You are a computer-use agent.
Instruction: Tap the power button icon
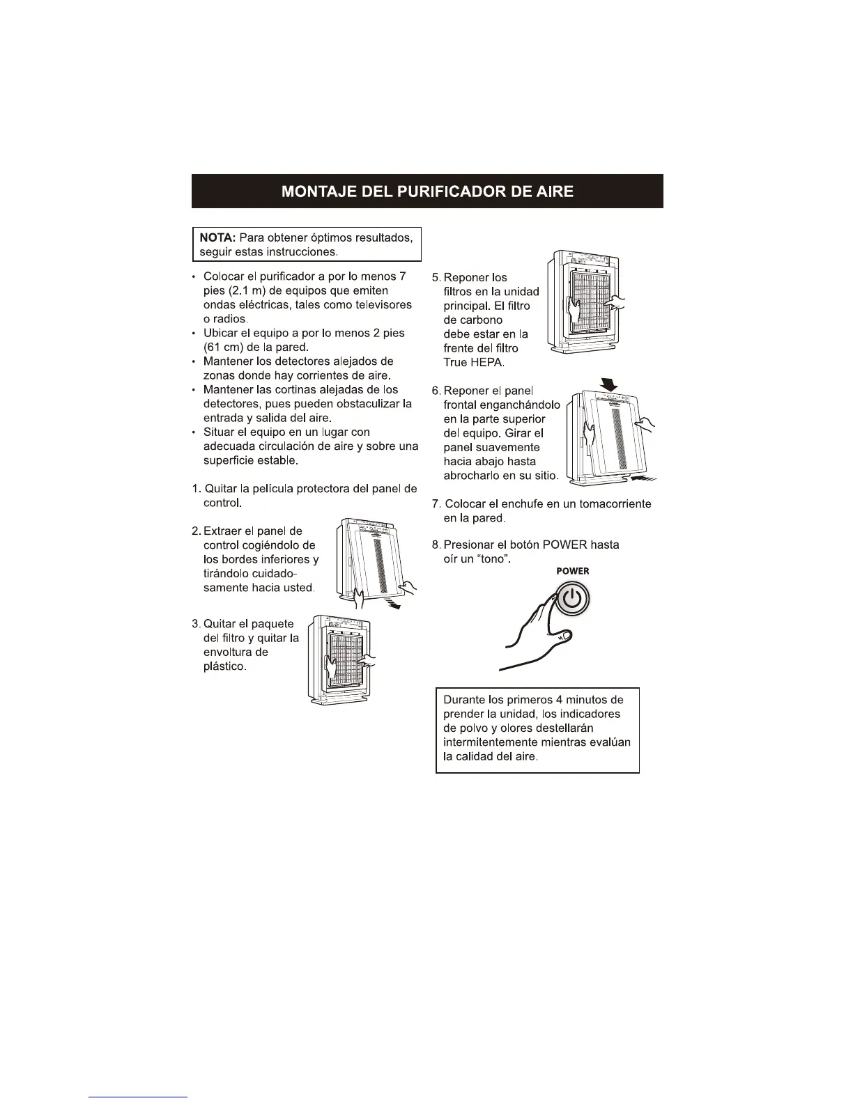(571, 598)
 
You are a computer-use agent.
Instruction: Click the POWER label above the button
(572, 571)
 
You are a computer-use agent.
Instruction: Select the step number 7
(436, 503)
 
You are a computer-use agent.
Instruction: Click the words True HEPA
(468, 363)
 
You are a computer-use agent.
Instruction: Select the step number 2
(196, 531)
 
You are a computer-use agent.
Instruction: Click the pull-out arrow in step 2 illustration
(395, 605)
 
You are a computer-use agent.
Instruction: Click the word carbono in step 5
(472, 320)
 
